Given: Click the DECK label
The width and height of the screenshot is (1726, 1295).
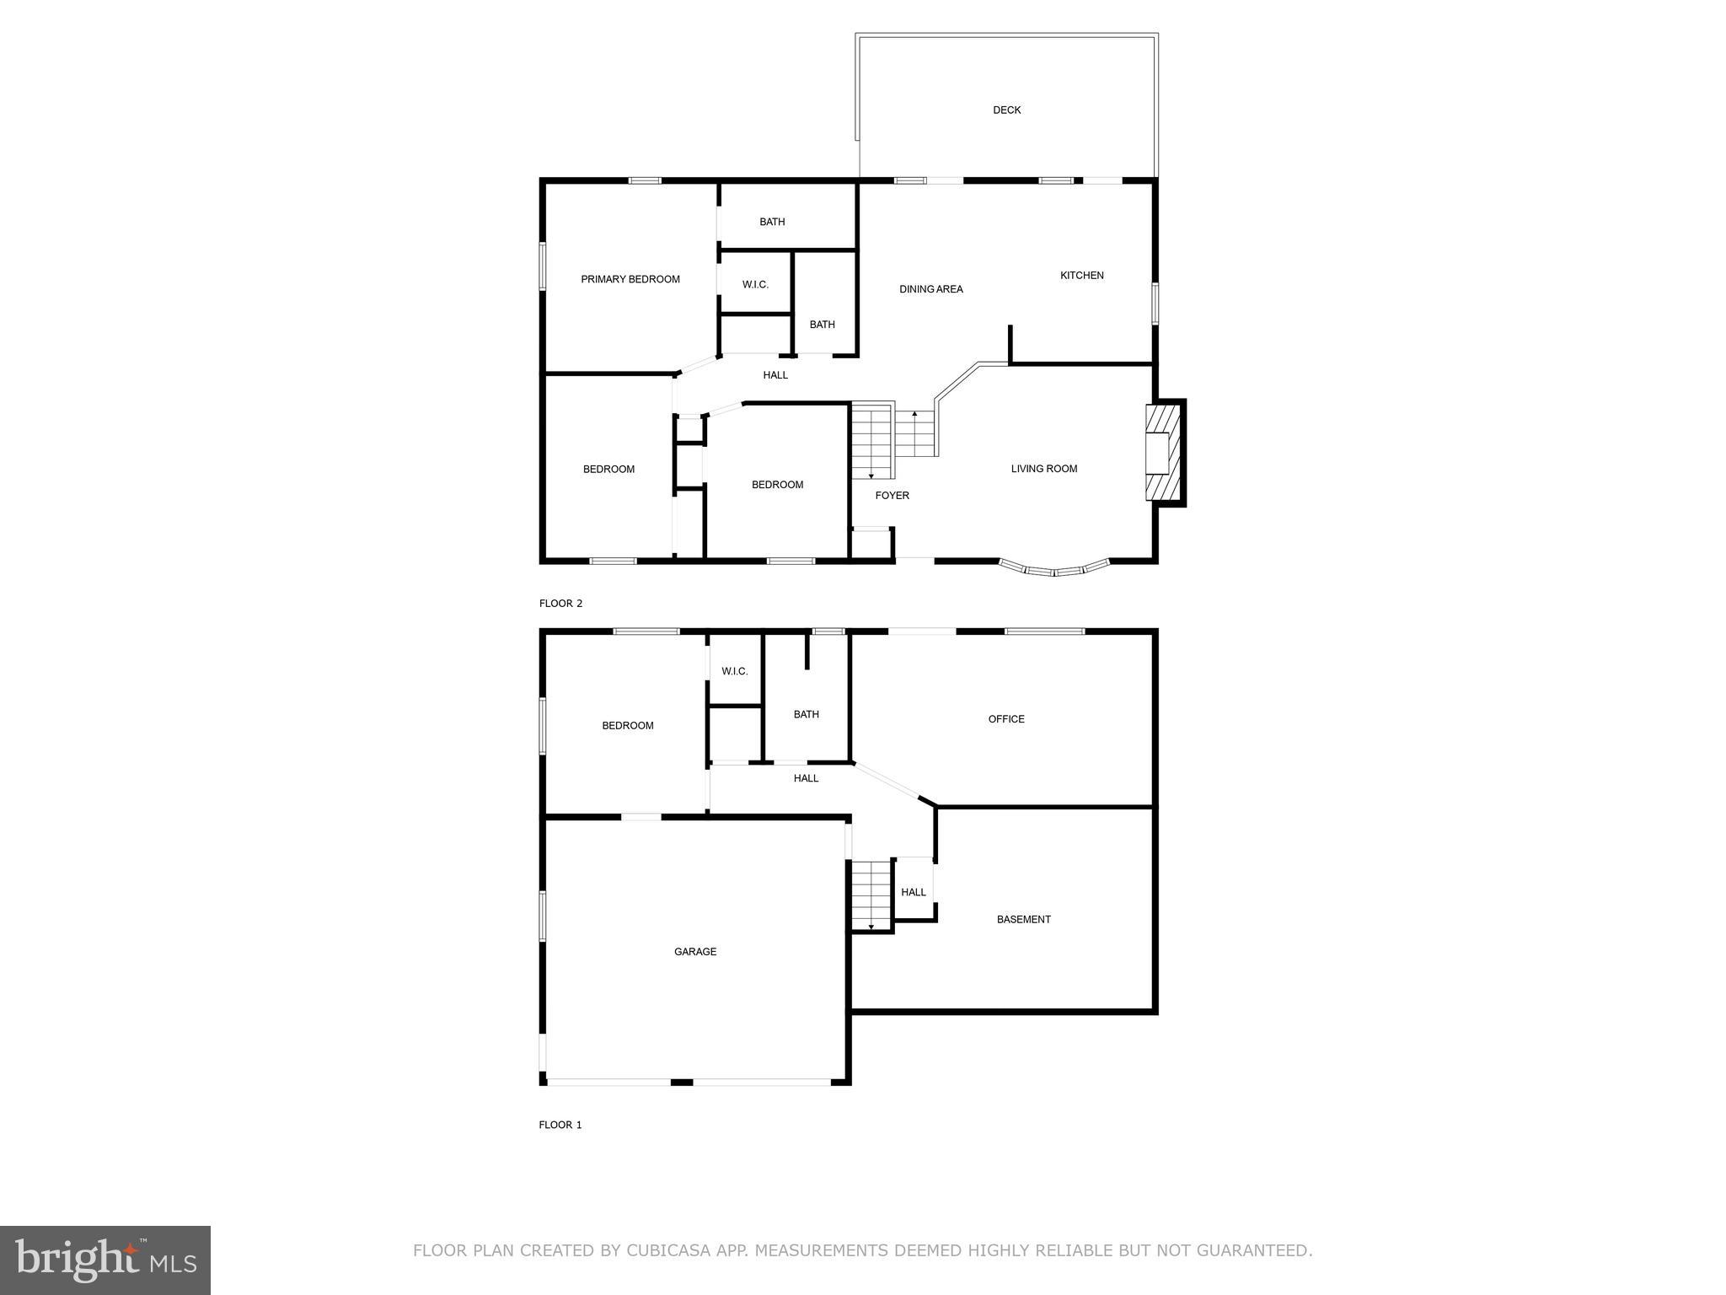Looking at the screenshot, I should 1006,110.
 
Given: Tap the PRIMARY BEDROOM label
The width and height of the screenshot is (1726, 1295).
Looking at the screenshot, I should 630,280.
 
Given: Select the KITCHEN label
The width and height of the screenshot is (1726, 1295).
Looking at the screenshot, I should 1081,276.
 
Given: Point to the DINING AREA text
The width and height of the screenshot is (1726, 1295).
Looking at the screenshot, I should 930,289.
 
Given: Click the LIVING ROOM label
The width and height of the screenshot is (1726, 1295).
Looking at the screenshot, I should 1043,469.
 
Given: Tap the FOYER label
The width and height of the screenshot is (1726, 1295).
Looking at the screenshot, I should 892,496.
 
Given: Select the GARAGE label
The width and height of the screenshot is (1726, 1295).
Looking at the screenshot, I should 694,952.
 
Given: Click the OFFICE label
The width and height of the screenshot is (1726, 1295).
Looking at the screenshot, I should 1005,719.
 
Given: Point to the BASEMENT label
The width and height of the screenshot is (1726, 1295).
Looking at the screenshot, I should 1023,920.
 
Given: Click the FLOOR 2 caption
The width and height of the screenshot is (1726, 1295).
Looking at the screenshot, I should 560,604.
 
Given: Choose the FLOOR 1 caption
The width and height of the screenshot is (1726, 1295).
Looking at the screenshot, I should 560,1125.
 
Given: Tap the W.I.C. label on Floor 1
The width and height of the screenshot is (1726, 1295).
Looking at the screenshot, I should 734,672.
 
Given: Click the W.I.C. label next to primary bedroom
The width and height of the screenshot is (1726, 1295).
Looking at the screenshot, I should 755,285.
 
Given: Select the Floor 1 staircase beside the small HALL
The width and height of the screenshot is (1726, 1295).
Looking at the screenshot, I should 871,894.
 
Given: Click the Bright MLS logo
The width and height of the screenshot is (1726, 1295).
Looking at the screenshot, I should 105,1260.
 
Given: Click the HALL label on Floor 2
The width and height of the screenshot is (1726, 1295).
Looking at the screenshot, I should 775,375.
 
